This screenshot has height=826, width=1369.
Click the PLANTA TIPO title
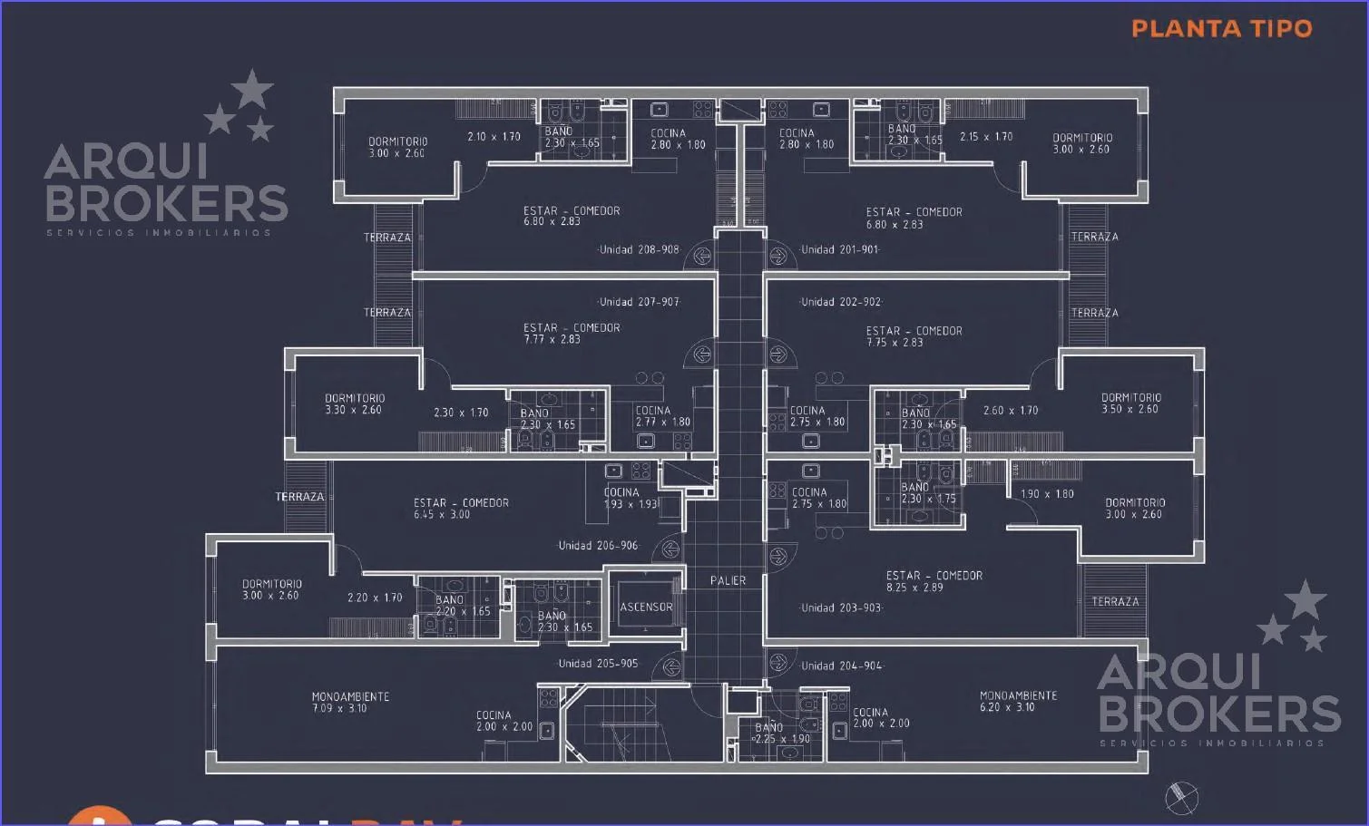pyautogui.click(x=1221, y=28)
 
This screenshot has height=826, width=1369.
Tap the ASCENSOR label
pyautogui.click(x=646, y=607)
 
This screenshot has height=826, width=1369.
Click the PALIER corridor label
pyautogui.click(x=728, y=580)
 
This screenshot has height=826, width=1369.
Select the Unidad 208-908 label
pyautogui.click(x=639, y=249)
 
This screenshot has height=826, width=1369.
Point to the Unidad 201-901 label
pyautogui.click(x=840, y=249)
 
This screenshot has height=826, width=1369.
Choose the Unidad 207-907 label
pyautogui.click(x=639, y=302)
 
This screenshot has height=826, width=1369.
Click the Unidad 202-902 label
pyautogui.click(x=840, y=302)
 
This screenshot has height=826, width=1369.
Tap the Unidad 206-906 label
pyautogui.click(x=598, y=546)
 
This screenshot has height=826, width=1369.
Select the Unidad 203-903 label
pyautogui.click(x=841, y=607)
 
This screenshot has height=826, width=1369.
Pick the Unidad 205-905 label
pyautogui.click(x=598, y=664)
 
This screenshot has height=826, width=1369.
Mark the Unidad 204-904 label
pyautogui.click(x=842, y=666)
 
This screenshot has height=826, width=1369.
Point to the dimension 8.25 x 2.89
pyautogui.click(x=914, y=588)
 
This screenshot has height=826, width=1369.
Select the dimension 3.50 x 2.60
pyautogui.click(x=1130, y=409)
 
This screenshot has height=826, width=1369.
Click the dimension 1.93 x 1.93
pyautogui.click(x=631, y=504)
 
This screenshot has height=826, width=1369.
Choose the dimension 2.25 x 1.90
pyautogui.click(x=783, y=739)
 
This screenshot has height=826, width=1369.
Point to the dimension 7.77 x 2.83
pyautogui.click(x=552, y=339)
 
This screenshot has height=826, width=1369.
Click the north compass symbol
pyautogui.click(x=1181, y=798)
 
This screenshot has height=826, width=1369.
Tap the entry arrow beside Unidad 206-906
pyautogui.click(x=670, y=548)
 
